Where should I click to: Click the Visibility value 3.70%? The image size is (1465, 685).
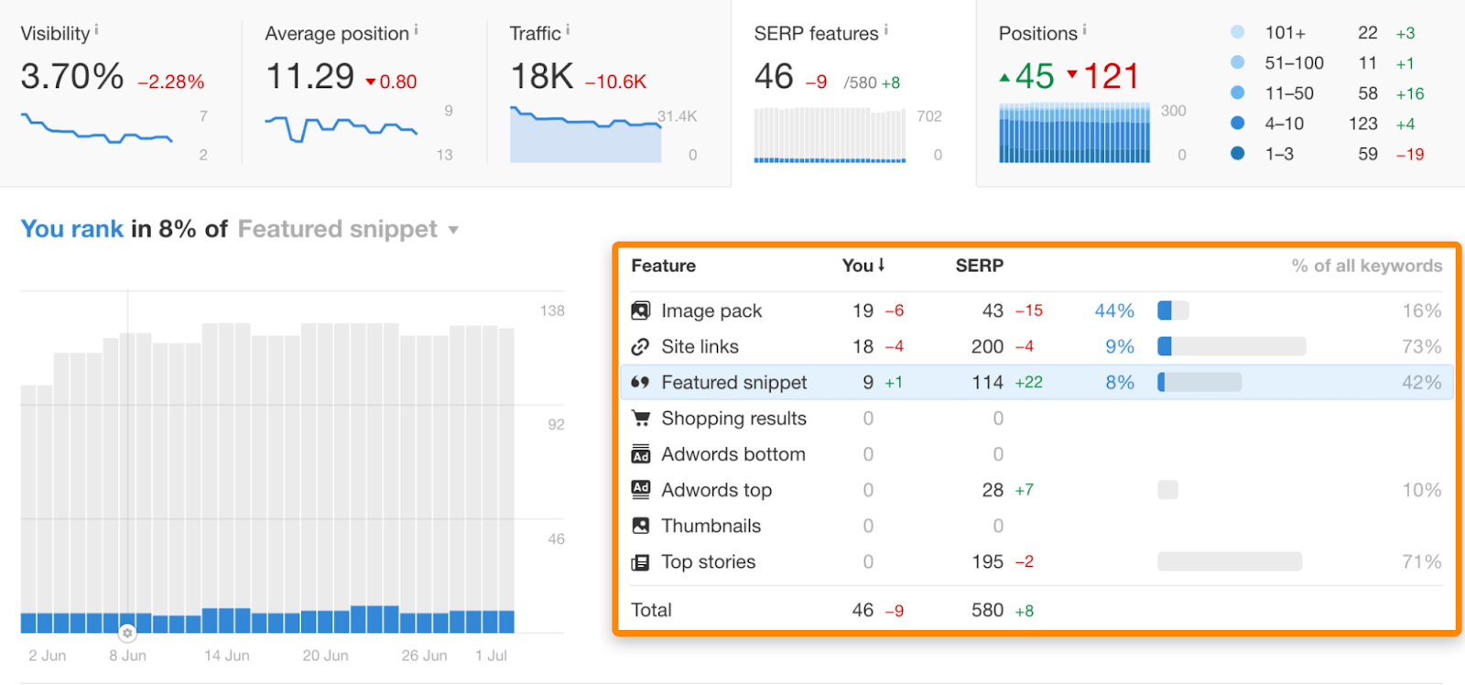tap(71, 76)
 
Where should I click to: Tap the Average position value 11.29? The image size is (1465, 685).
tap(309, 76)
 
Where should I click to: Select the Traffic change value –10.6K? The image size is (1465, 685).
tap(616, 82)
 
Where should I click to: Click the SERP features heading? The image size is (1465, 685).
tap(816, 34)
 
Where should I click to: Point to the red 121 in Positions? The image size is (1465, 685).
tap(1111, 76)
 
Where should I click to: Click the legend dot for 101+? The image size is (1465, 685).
tap(1238, 32)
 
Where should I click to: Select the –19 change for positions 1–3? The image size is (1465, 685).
tap(1410, 154)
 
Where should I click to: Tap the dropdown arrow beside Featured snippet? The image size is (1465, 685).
tap(453, 230)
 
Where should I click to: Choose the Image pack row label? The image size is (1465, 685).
tap(711, 310)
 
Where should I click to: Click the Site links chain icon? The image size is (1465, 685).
tap(640, 346)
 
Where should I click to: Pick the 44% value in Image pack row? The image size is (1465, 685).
tap(1114, 310)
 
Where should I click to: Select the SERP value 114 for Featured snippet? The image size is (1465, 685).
tap(987, 382)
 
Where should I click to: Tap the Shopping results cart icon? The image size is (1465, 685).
tap(640, 418)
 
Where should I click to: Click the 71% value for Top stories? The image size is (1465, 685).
tap(1421, 561)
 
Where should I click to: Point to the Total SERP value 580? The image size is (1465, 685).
tap(987, 610)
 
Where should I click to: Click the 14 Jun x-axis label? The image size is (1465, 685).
tap(226, 656)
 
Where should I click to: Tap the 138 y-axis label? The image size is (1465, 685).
tap(552, 310)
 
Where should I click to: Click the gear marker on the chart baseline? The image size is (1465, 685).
tap(127, 633)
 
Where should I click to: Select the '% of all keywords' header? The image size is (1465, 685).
tap(1366, 266)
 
